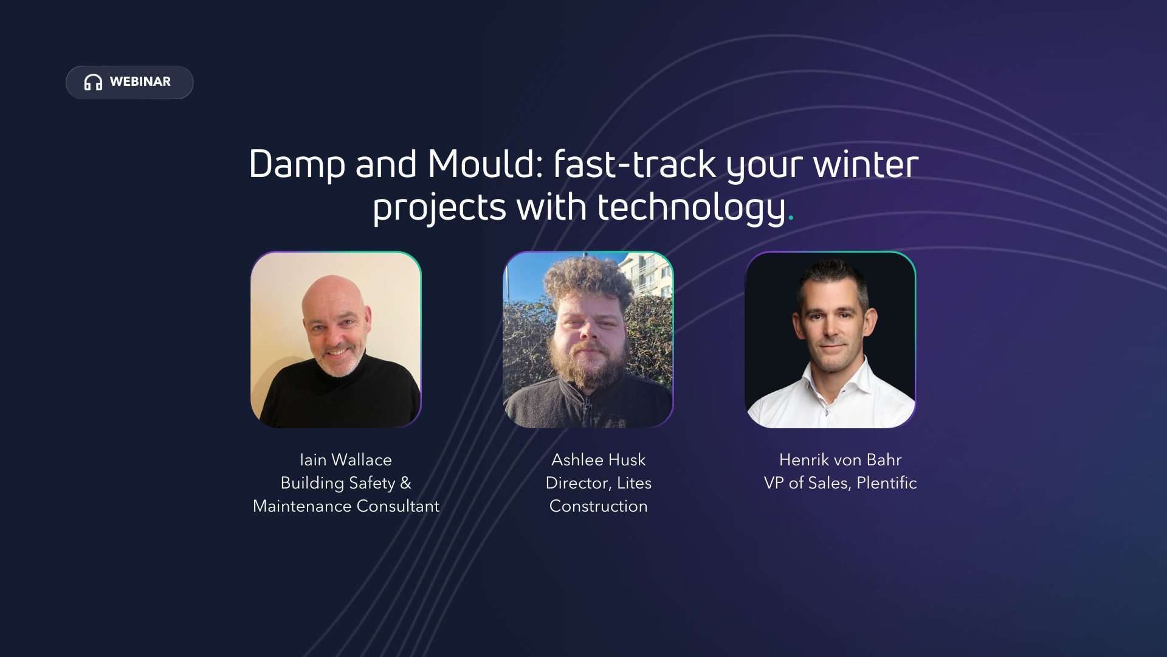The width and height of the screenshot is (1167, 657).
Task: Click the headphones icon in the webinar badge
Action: pos(93,82)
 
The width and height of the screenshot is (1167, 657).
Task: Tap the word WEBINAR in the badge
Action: pos(140,82)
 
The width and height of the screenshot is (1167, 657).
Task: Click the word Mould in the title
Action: pos(484,164)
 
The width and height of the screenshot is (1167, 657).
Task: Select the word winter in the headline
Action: pos(866,164)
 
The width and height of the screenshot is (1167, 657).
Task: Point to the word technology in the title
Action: pos(691,208)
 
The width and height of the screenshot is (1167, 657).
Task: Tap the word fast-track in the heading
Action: pos(635,164)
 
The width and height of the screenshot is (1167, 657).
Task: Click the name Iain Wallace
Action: pos(345,460)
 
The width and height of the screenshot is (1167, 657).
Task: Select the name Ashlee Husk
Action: pos(598,460)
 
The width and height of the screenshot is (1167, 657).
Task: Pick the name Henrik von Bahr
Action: pos(840,460)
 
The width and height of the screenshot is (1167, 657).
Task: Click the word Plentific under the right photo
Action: pos(886,483)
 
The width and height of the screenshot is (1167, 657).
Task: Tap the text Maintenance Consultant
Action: pos(345,506)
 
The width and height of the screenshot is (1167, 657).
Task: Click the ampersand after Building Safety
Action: pos(405,483)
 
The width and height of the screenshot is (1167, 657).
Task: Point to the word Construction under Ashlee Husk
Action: pos(598,506)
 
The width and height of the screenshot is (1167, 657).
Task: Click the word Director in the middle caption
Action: pos(577,483)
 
